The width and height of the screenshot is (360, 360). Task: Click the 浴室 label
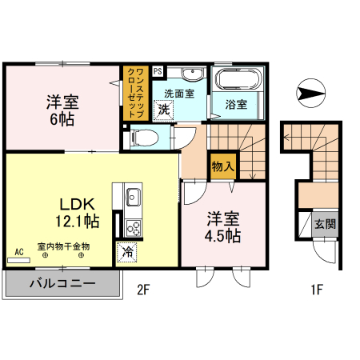tap(235, 105)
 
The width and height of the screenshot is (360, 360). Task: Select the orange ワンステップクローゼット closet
tap(135, 92)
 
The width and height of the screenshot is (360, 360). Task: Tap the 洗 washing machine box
tap(163, 110)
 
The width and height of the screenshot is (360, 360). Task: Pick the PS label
tap(157, 71)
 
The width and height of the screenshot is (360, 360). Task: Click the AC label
tap(19, 250)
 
